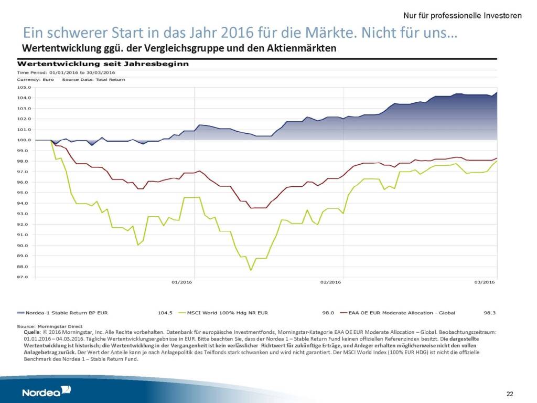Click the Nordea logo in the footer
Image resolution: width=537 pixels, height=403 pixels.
click(x=47, y=391)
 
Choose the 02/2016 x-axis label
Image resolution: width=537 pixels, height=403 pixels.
click(x=331, y=282)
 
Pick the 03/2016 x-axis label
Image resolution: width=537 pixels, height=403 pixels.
click(x=485, y=282)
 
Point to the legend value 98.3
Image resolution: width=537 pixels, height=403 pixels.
click(x=490, y=313)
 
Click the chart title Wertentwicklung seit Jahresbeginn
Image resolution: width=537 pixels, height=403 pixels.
click(x=103, y=64)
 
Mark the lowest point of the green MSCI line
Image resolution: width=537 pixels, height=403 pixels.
click(x=251, y=270)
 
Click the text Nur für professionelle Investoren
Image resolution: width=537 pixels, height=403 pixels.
click(x=463, y=16)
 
